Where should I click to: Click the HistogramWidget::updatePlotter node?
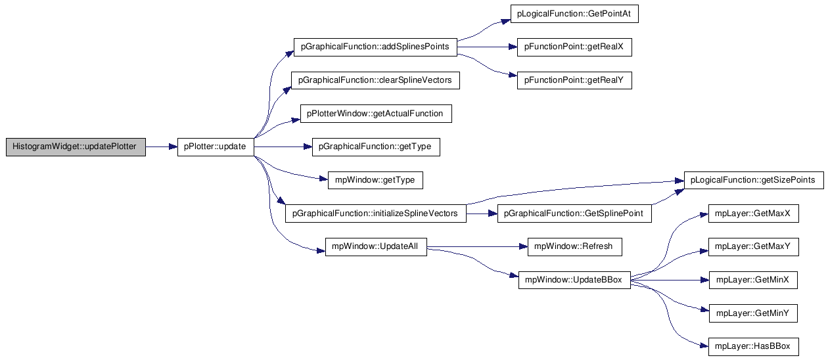coord(76,146)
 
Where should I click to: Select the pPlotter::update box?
coord(216,146)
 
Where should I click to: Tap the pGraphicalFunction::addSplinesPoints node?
coord(375,47)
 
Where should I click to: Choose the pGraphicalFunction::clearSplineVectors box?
coord(375,80)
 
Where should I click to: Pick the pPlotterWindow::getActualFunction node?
coord(376,114)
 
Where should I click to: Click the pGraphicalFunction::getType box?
coord(376,146)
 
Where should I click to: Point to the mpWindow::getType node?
coord(375,180)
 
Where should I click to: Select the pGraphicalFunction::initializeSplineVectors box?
coord(376,214)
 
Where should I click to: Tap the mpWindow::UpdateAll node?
coord(376,246)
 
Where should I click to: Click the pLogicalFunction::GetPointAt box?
coord(574,14)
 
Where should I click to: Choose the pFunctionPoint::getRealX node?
coord(574,47)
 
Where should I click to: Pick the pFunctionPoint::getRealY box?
coord(574,80)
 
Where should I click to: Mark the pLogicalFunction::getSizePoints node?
coord(754,180)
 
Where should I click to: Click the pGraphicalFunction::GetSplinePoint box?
coord(574,214)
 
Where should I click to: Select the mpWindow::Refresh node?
coord(575,246)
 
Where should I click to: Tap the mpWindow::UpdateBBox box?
coord(574,280)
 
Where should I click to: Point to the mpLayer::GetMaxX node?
coord(753,214)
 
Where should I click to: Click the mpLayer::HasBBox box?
coord(753,347)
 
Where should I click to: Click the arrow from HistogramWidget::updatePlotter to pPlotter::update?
coord(162,146)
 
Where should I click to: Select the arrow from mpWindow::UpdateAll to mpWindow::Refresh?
coord(477,246)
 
